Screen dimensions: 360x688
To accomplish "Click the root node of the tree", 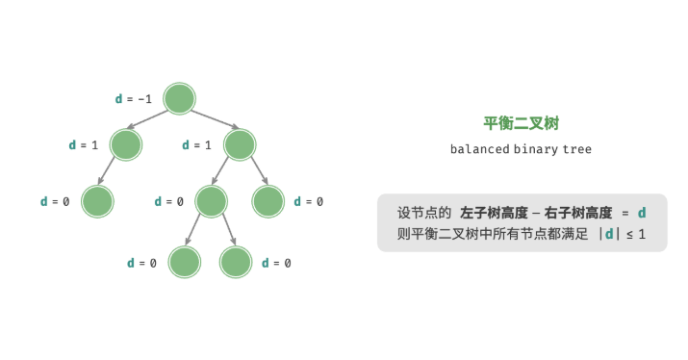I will pos(180,98).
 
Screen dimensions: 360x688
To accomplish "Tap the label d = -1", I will pos(133,98).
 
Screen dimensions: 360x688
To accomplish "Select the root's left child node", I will pos(126,145).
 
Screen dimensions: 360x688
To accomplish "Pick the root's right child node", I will pos(240,145).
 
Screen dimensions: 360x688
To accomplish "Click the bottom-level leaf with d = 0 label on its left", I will pos(184,263).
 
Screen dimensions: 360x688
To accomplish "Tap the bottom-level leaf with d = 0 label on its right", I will pos(236,263).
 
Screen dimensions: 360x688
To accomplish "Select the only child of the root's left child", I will pos(97,202).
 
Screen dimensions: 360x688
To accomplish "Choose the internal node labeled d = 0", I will pos(211,202).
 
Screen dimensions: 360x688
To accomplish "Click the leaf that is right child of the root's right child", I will pos(268,202).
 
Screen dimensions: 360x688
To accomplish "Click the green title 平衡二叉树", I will pos(521,123).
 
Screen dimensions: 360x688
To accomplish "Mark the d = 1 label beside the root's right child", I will pos(197,145).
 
